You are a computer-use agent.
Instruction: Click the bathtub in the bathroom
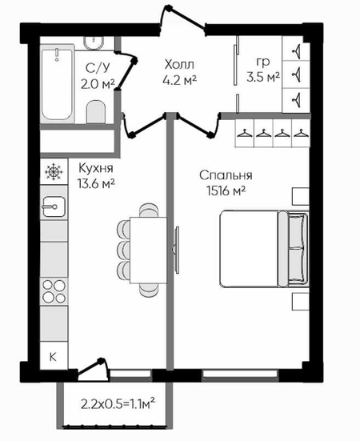tap(58, 83)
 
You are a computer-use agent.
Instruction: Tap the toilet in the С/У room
tap(95, 112)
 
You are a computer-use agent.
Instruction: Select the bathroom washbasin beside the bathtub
tap(94, 43)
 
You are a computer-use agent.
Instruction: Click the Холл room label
tap(179, 65)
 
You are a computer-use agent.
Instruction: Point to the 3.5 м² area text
tap(263, 77)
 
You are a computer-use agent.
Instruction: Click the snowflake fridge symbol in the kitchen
tap(54, 172)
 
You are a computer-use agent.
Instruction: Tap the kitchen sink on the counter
tap(54, 206)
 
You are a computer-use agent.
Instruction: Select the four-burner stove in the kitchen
tap(54, 291)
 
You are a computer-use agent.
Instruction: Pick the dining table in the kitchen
tap(148, 250)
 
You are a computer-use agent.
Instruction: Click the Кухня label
tap(96, 168)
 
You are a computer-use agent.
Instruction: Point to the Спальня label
tap(226, 175)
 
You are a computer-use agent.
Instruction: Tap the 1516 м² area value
tap(226, 191)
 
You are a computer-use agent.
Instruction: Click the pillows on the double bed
tap(298, 249)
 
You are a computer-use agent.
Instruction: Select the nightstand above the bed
tap(301, 196)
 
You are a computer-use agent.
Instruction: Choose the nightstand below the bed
tap(301, 301)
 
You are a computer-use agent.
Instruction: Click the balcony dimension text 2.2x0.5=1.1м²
tap(118, 404)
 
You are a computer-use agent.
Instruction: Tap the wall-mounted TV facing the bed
tap(177, 250)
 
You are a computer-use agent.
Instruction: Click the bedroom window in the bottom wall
tap(240, 374)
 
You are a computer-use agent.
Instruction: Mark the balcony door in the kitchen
tap(94, 368)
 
